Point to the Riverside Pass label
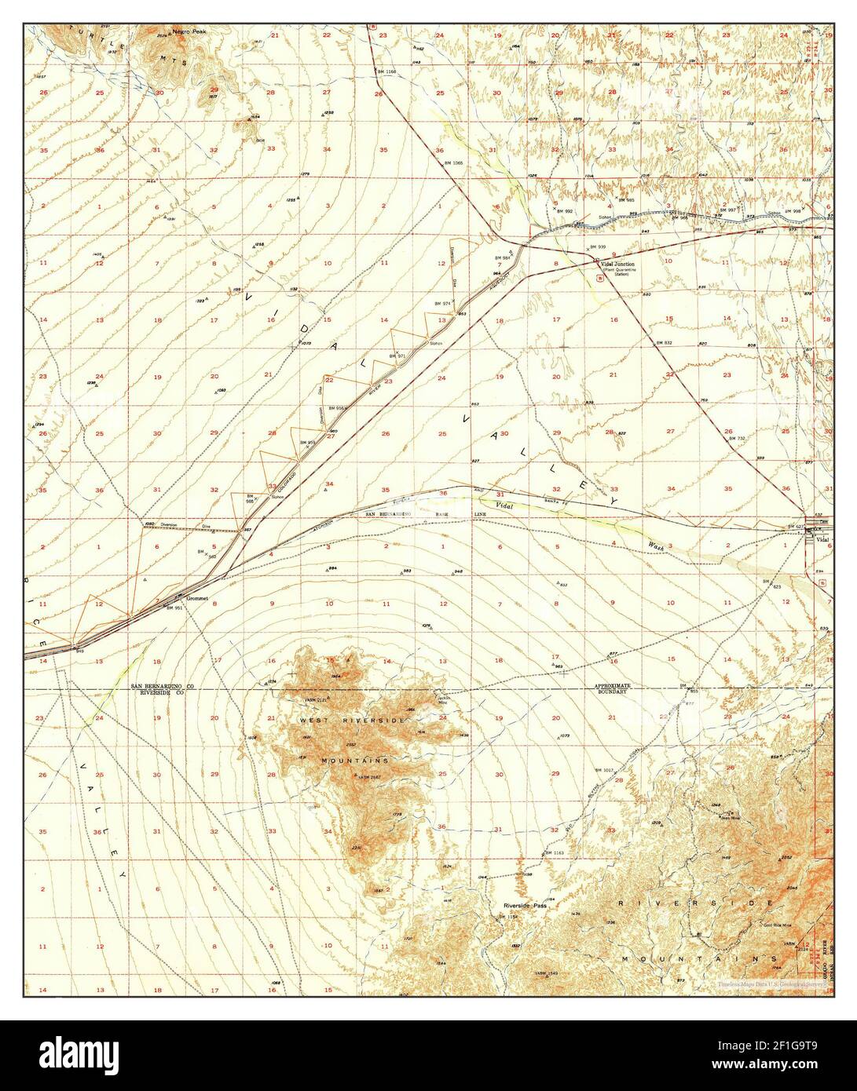coord(525,905)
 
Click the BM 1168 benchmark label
coord(386,71)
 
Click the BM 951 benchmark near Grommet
coord(174,608)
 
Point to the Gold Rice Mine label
coord(777,925)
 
